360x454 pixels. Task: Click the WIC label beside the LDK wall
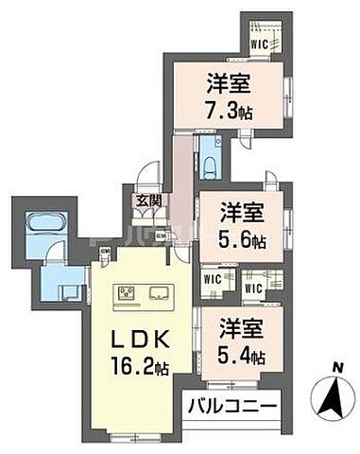[213, 280]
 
